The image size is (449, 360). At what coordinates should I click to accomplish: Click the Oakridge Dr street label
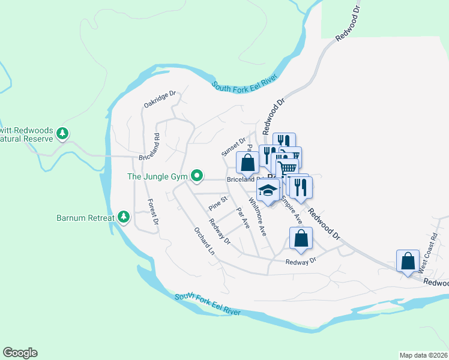(159, 100)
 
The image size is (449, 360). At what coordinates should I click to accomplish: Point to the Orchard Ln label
(204, 241)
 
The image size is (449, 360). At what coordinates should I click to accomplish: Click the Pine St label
(218, 203)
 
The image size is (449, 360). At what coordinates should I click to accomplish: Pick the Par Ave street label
(243, 218)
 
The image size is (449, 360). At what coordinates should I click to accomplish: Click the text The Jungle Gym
(157, 176)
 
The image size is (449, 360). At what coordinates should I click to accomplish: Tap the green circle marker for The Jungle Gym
(196, 176)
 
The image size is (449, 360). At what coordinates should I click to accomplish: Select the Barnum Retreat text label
(85, 217)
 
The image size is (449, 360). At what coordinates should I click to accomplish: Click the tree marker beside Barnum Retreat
(124, 216)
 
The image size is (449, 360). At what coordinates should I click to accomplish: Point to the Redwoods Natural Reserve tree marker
(62, 133)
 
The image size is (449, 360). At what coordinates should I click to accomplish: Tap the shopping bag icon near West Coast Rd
(408, 261)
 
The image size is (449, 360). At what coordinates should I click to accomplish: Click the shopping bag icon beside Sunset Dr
(247, 161)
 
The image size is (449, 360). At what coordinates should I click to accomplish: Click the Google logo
(20, 353)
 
